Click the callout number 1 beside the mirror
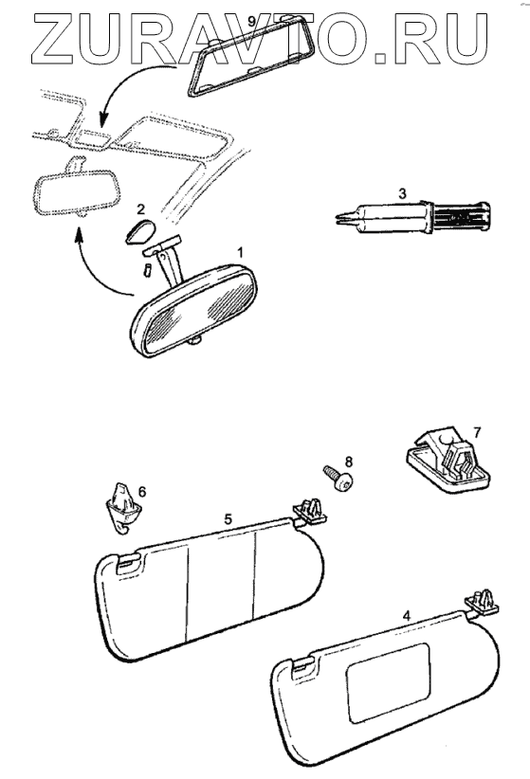240,253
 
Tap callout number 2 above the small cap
141,208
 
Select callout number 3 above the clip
402,193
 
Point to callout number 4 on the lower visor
407,616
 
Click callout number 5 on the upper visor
228,519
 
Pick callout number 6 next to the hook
142,492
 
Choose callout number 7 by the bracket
477,433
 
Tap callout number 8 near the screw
349,462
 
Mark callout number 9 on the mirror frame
251,22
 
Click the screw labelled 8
338,478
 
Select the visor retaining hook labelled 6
122,508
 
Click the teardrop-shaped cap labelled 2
140,231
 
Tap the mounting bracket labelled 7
448,460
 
